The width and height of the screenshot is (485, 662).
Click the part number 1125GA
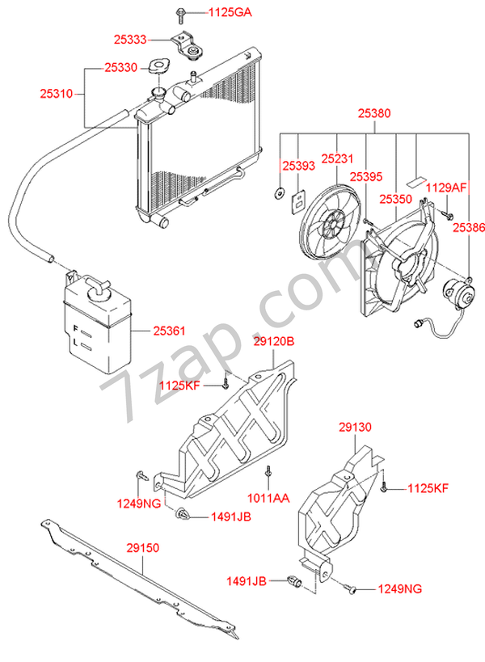click(230, 12)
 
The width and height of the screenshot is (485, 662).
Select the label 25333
click(130, 40)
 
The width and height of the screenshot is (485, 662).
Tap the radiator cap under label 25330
click(158, 67)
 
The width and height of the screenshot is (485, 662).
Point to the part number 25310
click(57, 93)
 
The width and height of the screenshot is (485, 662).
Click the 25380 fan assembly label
click(374, 113)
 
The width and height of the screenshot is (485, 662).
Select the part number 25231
click(337, 158)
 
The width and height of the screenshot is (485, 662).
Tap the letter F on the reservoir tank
click(75, 328)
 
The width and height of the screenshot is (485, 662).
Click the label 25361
click(169, 331)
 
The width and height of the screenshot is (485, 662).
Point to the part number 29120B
click(273, 341)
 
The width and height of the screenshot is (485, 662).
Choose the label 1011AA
click(268, 498)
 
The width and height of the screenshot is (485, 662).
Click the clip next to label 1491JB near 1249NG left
click(183, 514)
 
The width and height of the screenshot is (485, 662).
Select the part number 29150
click(143, 548)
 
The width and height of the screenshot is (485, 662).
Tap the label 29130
click(355, 428)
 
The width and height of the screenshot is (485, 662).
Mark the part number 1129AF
click(445, 188)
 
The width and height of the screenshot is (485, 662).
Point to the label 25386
click(469, 228)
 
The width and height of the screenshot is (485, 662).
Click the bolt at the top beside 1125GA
click(179, 15)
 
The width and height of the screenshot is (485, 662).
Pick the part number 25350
click(395, 199)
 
